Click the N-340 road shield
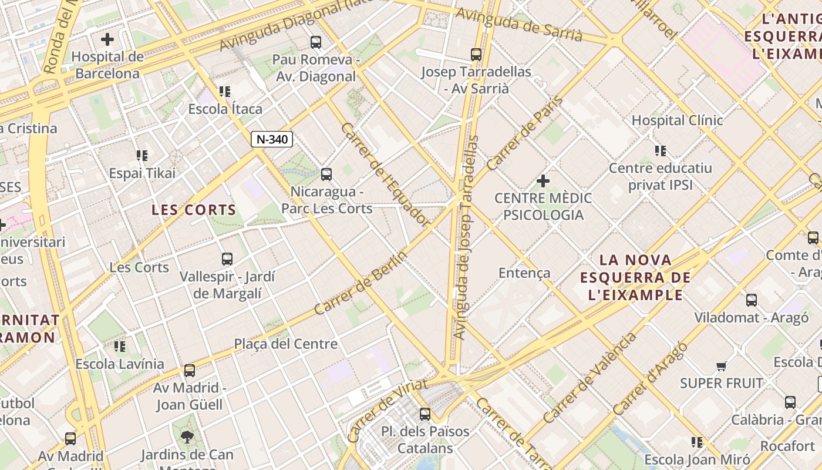click(272, 139)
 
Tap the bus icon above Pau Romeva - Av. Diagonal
click(316, 42)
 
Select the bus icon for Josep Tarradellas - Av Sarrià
click(476, 55)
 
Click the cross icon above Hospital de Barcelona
click(107, 39)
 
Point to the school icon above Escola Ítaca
click(225, 92)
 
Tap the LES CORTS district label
click(194, 210)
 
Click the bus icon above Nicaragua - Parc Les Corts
click(326, 174)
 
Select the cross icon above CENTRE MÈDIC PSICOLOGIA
click(543, 180)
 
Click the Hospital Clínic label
click(677, 120)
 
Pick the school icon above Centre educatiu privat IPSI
click(661, 151)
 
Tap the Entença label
click(524, 273)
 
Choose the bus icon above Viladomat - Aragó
click(752, 300)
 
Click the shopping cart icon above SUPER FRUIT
click(722, 366)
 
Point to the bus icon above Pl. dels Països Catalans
click(425, 414)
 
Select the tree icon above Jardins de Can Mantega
click(187, 437)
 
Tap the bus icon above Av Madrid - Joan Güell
click(190, 371)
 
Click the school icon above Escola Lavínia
click(120, 346)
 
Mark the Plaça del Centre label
click(286, 344)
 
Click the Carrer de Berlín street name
click(361, 283)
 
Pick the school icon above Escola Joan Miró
click(697, 442)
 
